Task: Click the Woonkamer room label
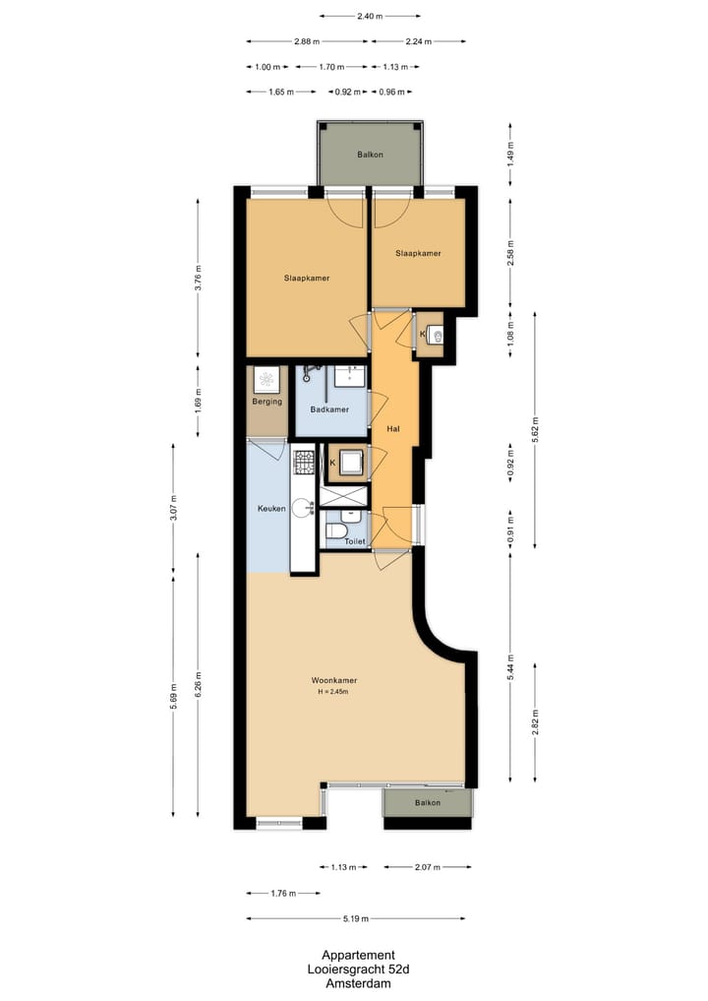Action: (333, 680)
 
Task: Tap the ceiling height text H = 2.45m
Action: (333, 692)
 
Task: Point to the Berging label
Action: (266, 402)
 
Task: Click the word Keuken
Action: (271, 509)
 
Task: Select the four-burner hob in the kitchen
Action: (304, 459)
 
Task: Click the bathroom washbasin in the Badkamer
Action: (349, 375)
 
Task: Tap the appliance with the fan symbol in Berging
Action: (266, 379)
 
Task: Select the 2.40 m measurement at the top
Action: (370, 17)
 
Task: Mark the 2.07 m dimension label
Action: (427, 867)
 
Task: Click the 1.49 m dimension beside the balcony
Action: (509, 154)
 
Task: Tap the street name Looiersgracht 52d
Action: (358, 970)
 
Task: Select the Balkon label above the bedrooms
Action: (370, 155)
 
